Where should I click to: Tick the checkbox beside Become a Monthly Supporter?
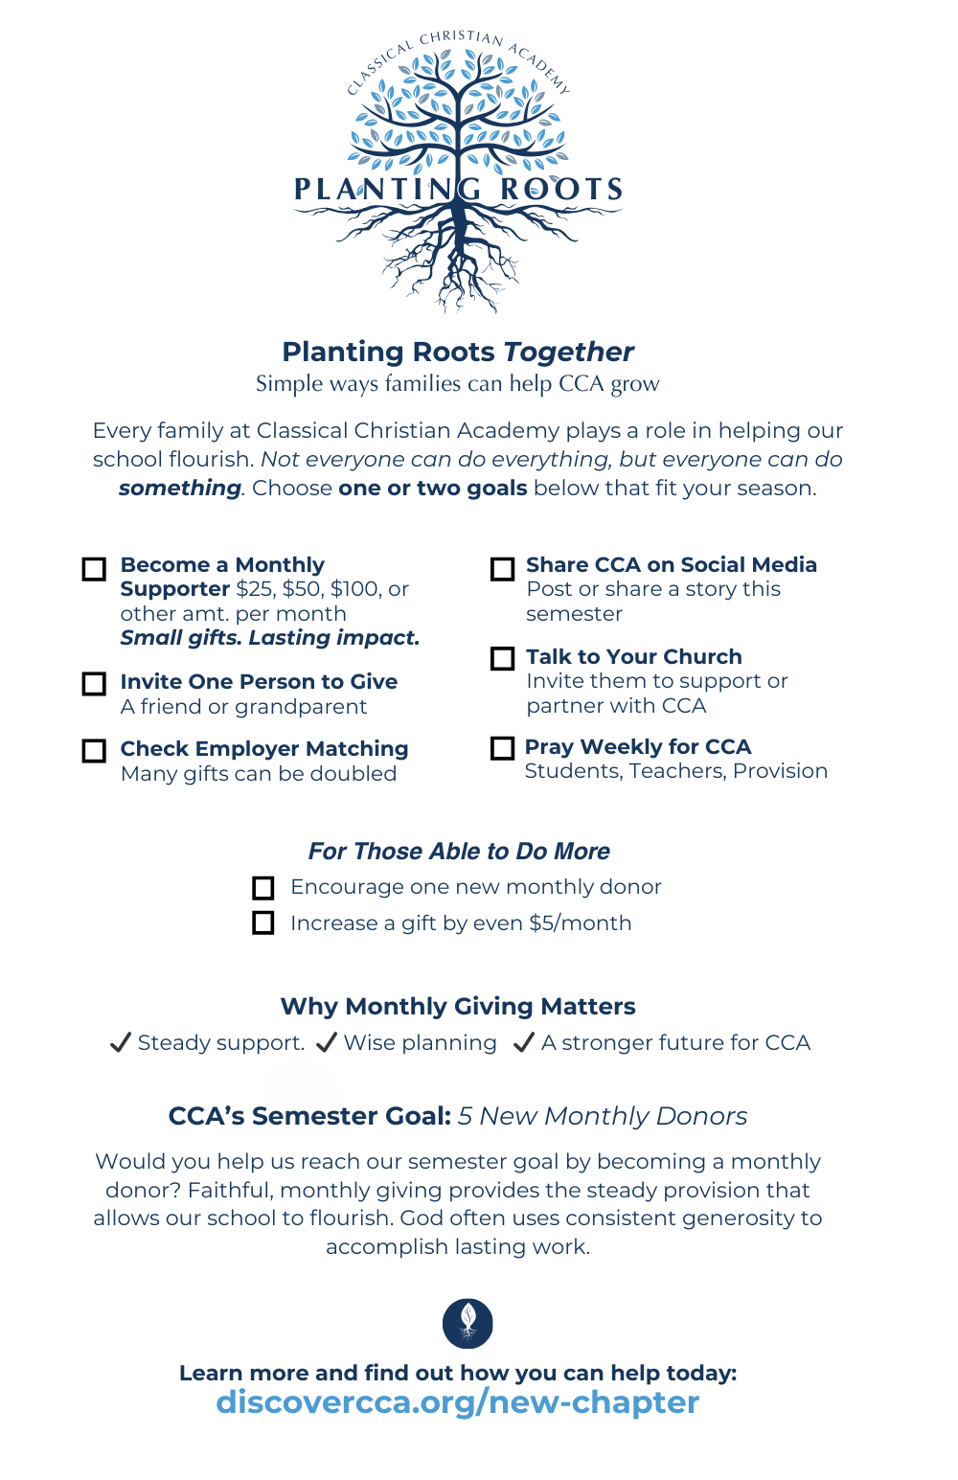point(94,569)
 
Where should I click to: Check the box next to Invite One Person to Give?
point(94,684)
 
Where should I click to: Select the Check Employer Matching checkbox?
point(94,750)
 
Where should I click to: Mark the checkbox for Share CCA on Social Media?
point(502,569)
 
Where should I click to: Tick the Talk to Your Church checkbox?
point(502,659)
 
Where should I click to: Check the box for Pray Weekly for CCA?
point(502,748)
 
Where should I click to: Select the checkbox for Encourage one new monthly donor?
point(263,888)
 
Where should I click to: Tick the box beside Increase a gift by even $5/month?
point(263,923)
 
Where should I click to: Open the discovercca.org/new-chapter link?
point(458,1402)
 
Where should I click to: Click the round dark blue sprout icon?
point(468,1323)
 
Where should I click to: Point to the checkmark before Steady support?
point(121,1043)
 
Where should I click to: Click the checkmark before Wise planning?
point(327,1043)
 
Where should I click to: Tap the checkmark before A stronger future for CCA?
point(524,1043)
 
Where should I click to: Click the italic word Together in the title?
point(569,352)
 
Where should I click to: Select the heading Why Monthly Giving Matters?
point(458,1007)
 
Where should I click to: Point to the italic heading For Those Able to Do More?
point(459,852)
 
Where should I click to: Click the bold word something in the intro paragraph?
point(180,489)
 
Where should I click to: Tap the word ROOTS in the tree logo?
point(562,189)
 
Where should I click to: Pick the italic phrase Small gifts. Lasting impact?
point(270,638)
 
